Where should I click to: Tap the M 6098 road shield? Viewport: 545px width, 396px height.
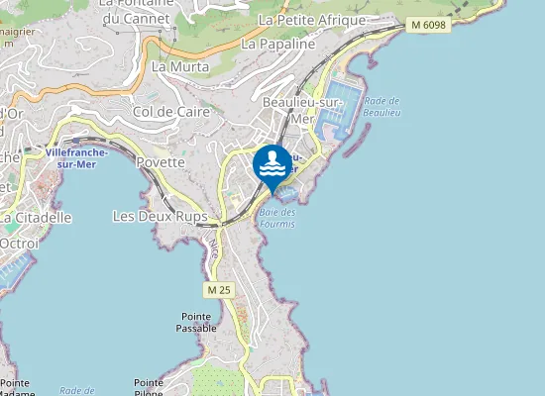[x=427, y=25]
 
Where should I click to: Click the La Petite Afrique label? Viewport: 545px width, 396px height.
[x=311, y=20]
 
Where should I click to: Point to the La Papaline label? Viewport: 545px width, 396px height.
[x=277, y=44]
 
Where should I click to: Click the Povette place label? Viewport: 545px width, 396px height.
[x=162, y=162]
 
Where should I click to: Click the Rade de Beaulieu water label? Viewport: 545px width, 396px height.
[x=381, y=107]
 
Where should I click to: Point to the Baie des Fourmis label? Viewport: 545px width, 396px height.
[x=277, y=218]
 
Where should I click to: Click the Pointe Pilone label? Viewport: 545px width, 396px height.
[x=149, y=387]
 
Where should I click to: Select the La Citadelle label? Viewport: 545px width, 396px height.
[x=36, y=217]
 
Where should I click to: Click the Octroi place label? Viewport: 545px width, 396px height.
[x=19, y=243]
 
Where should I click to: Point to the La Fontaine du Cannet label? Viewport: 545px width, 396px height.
[x=136, y=11]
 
